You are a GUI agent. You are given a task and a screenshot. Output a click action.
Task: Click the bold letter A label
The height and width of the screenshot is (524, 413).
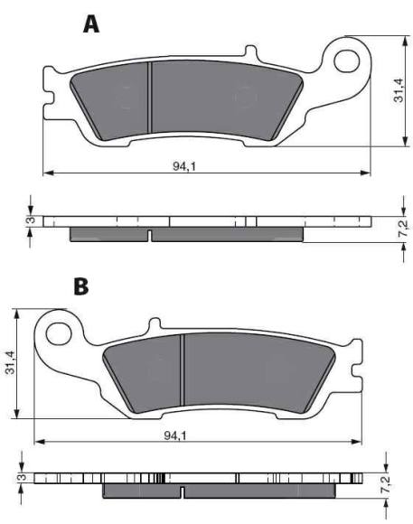(91, 24)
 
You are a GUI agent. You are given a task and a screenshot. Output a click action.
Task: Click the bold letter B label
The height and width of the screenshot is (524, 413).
(81, 287)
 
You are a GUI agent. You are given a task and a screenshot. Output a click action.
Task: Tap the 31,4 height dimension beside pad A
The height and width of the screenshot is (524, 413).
(398, 90)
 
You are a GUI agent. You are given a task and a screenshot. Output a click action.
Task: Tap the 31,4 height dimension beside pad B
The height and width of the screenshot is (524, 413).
(11, 362)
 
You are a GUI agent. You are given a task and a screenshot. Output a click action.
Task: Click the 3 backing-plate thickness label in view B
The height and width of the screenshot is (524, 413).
(17, 477)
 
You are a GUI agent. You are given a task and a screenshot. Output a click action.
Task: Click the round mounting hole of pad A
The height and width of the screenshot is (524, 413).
(347, 61)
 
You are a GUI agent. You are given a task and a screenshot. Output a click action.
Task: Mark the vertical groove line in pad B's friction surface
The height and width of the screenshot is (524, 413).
(183, 369)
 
